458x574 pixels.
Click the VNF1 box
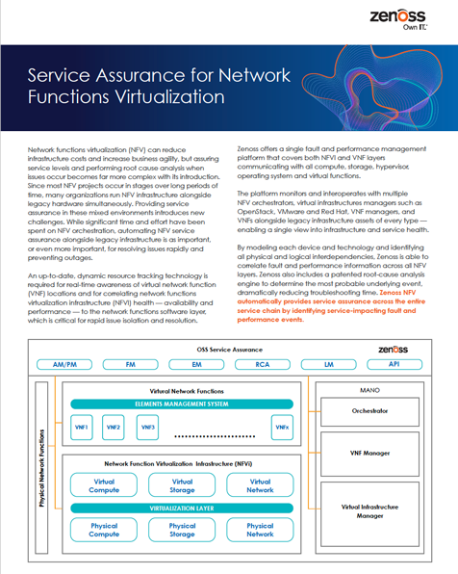tap(82, 427)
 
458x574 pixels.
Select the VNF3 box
tap(146, 427)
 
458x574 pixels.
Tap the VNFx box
tap(281, 427)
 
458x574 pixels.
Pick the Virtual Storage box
tap(181, 485)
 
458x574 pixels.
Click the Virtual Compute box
tap(104, 485)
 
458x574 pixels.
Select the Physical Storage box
tap(181, 531)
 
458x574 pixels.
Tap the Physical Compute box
tap(104, 531)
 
